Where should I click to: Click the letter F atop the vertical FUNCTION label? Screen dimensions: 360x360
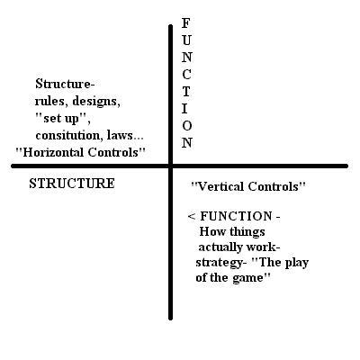[186, 23]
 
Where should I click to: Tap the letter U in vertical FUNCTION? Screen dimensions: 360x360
[186, 40]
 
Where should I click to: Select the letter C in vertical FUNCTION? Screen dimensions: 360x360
[186, 75]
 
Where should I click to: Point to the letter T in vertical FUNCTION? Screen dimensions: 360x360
[186, 92]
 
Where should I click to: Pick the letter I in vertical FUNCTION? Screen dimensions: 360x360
[184, 108]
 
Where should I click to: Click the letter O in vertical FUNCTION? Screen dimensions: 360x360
[186, 125]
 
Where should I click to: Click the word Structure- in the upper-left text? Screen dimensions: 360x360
[65, 84]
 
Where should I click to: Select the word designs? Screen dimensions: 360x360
[96, 102]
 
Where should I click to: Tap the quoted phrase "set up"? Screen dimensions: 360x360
[63, 119]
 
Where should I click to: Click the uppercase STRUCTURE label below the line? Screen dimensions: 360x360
[72, 184]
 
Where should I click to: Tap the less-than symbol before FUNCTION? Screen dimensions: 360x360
[192, 217]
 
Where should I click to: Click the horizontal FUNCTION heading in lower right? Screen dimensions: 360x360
[236, 216]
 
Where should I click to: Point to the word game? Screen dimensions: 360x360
[247, 278]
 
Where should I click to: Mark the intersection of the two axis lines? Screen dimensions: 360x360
[171, 166]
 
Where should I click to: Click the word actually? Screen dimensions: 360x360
[220, 247]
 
